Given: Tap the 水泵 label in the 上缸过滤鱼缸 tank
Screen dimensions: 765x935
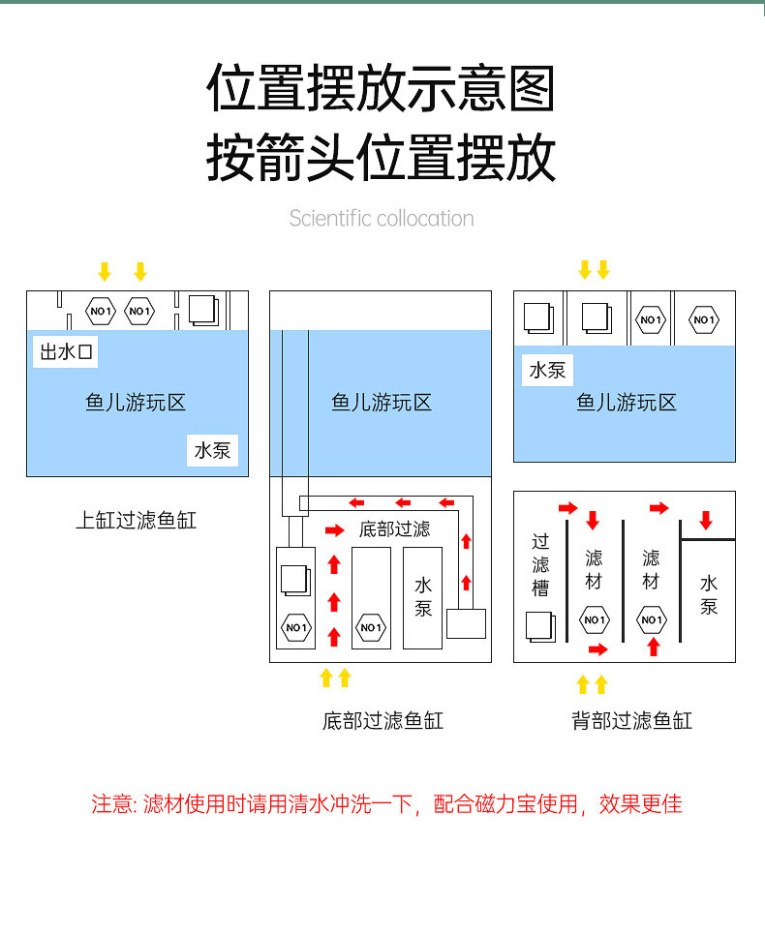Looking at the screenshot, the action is (212, 450).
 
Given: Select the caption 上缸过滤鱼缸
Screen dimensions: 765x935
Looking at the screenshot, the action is (137, 521).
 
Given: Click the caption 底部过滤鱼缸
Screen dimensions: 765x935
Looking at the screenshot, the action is (382, 720).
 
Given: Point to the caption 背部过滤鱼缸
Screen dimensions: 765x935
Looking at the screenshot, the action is (632, 720).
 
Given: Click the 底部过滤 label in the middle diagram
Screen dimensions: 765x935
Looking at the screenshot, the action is (394, 529).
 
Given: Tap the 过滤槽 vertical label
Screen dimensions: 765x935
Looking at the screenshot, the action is (540, 566).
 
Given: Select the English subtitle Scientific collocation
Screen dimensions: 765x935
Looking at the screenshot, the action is (382, 219).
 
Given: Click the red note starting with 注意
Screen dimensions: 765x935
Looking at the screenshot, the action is (386, 804).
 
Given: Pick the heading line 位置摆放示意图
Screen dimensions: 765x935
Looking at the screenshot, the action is (382, 90).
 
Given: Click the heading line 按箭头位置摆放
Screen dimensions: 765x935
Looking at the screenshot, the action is (382, 159).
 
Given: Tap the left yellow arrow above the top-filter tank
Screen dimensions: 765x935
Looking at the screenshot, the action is (105, 271).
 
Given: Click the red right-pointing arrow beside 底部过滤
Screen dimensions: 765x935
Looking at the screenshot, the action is (334, 530).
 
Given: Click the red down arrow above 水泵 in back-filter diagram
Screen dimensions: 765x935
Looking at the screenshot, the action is (706, 520).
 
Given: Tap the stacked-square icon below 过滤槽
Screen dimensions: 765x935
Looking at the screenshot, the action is (539, 625).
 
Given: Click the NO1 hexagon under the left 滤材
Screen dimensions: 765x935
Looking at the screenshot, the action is (594, 619).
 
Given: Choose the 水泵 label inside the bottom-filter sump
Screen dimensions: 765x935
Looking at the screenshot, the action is (423, 597).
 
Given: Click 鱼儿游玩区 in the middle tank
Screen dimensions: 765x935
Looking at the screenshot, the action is (382, 403).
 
